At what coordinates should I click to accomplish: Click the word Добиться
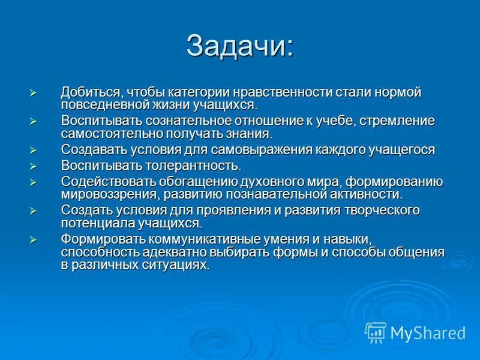88,92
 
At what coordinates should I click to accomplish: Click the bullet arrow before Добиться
34,93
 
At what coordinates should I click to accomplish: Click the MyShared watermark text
428,333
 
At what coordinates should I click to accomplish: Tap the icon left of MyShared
376,332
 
